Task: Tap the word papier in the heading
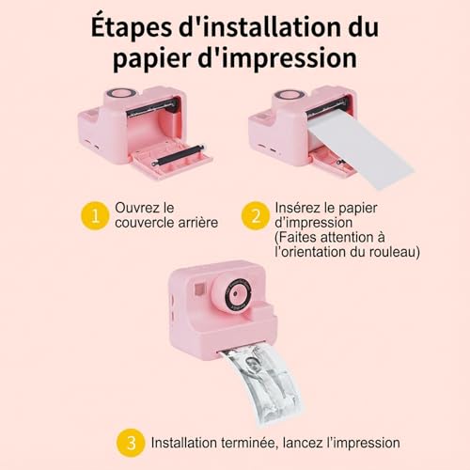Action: click(150, 58)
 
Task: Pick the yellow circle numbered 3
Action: click(130, 442)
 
